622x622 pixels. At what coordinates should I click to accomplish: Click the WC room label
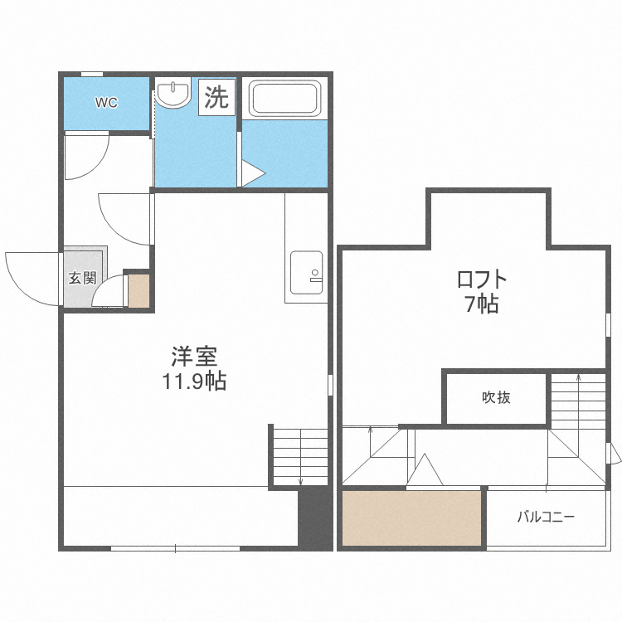[106, 103]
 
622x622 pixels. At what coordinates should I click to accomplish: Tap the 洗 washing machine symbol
[216, 98]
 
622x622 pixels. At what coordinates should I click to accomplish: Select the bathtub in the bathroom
[284, 99]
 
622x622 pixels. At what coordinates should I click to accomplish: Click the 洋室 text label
[194, 357]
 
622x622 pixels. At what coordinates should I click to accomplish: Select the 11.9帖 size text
[194, 382]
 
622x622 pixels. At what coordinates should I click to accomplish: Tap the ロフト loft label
[481, 278]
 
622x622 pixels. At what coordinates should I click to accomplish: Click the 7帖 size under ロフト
[481, 304]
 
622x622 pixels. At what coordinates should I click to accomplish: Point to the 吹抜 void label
[496, 397]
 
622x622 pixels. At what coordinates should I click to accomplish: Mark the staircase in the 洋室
[299, 455]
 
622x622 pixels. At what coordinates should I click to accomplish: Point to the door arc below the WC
[87, 156]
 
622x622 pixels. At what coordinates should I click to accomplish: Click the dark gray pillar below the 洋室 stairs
[314, 518]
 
